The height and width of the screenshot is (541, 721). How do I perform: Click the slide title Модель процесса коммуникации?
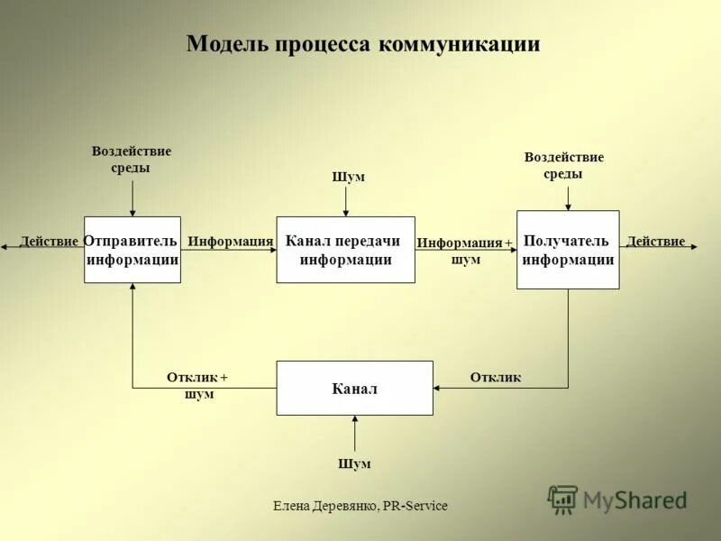pyautogui.click(x=363, y=44)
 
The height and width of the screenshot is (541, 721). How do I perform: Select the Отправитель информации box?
pyautogui.click(x=132, y=250)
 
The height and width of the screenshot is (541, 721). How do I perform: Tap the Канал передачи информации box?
pyautogui.click(x=345, y=250)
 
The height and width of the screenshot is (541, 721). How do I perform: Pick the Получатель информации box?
pyautogui.click(x=568, y=250)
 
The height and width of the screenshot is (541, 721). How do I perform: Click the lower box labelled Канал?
pyautogui.click(x=354, y=389)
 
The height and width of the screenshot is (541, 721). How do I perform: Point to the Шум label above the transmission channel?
pyautogui.click(x=349, y=177)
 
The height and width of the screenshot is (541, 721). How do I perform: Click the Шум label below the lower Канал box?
pyautogui.click(x=354, y=463)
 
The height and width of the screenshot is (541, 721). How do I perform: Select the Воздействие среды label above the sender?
pyautogui.click(x=132, y=160)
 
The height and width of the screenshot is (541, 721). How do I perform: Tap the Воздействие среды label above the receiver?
pyautogui.click(x=564, y=166)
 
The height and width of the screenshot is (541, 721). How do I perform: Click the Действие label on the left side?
pyautogui.click(x=49, y=242)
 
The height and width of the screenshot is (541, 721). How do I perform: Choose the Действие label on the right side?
pyautogui.click(x=655, y=242)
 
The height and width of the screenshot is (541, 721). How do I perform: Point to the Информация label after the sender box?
pyautogui.click(x=230, y=242)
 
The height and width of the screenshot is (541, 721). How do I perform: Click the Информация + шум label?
pyautogui.click(x=465, y=251)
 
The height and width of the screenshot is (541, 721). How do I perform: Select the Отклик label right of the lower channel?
pyautogui.click(x=496, y=378)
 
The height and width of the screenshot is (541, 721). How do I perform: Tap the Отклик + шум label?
pyautogui.click(x=197, y=386)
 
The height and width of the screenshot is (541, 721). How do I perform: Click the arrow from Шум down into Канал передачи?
pyautogui.click(x=345, y=200)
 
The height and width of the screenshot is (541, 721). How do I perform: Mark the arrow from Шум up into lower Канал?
pyautogui.click(x=355, y=434)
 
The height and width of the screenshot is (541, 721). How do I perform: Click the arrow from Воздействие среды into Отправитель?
pyautogui.click(x=132, y=197)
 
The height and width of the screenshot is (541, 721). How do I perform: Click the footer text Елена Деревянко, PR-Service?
pyautogui.click(x=360, y=506)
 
